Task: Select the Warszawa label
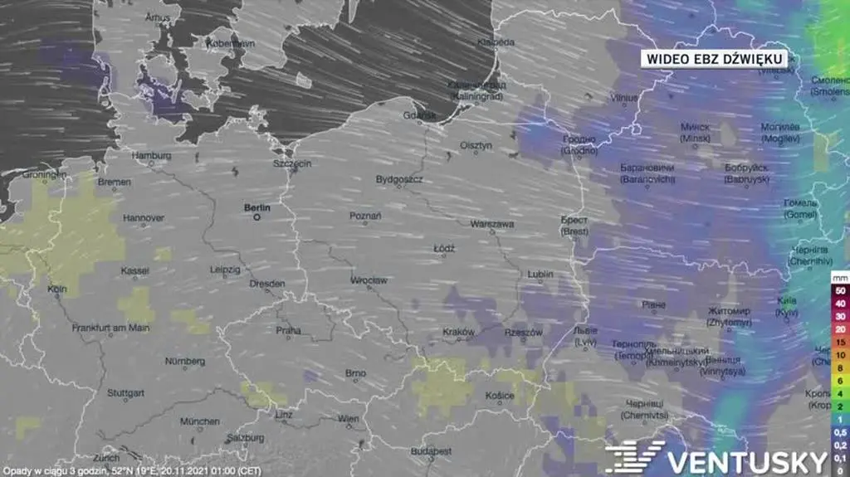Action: tap(491, 224)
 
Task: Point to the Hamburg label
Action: tap(151, 155)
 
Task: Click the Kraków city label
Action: tap(458, 332)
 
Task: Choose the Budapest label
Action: tap(431, 450)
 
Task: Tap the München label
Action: tap(199, 421)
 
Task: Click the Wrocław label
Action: tap(369, 280)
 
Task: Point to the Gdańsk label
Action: tap(419, 115)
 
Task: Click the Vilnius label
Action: tap(623, 97)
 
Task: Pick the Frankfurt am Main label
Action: tap(110, 328)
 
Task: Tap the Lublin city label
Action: tap(540, 274)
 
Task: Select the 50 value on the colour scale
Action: tap(840, 291)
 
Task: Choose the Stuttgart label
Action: tap(128, 392)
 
